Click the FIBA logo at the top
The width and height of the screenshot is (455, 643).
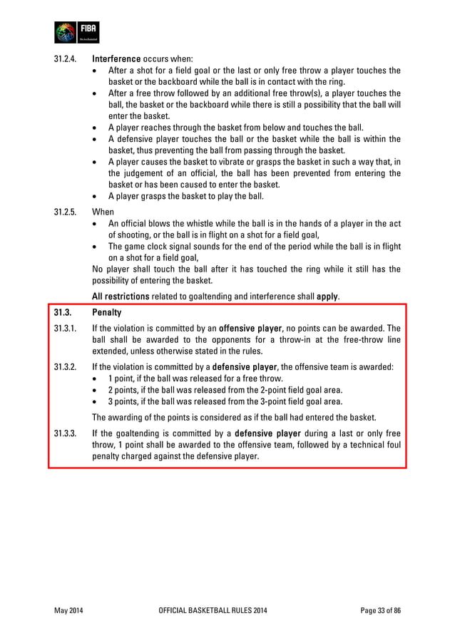[x=77, y=33]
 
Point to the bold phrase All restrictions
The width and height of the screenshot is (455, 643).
[x=121, y=296]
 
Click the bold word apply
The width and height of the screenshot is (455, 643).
[x=327, y=296]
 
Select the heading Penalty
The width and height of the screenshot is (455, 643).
[x=107, y=313]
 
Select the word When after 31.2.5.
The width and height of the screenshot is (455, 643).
[x=103, y=212]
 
